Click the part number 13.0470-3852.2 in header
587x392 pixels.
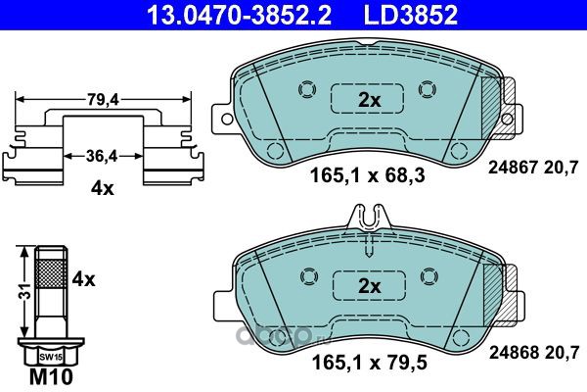tap(239, 15)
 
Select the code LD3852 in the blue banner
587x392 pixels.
tap(410, 15)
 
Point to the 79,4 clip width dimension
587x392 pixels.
tap(103, 100)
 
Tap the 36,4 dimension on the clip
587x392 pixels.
tap(102, 156)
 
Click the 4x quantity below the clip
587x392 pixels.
tap(102, 189)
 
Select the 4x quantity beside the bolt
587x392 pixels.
tap(83, 279)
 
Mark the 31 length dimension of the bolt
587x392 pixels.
tap(25, 291)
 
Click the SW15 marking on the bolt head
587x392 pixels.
tap(51, 358)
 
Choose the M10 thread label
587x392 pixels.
tap(51, 377)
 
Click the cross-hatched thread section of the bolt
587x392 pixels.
tap(51, 273)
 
